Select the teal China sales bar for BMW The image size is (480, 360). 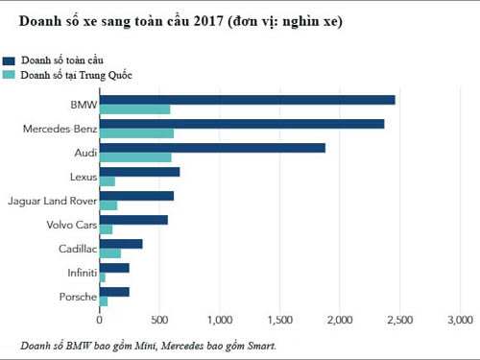pyautogui.click(x=135, y=109)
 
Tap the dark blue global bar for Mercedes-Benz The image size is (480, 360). pyautogui.click(x=242, y=124)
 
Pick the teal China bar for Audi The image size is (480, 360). pyautogui.click(x=136, y=157)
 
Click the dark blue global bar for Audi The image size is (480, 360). pyautogui.click(x=213, y=148)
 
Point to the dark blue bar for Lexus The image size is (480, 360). pyautogui.click(x=140, y=172)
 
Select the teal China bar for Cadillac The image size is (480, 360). pyautogui.click(x=110, y=253)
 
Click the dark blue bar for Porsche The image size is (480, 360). pyautogui.click(x=114, y=292)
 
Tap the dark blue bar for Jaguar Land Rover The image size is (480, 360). pyautogui.click(x=137, y=196)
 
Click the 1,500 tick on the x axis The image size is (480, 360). pyautogui.click(x=280, y=320)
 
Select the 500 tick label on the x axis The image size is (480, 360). pyautogui.click(x=160, y=320)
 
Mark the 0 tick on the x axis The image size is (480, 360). pyautogui.click(x=100, y=320)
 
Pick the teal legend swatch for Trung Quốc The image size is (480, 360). pyautogui.click(x=9, y=74)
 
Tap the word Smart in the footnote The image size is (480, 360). pyautogui.click(x=260, y=345)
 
